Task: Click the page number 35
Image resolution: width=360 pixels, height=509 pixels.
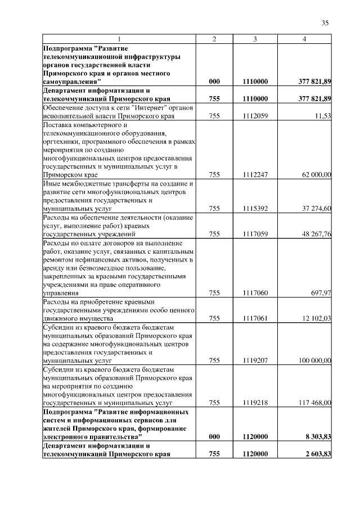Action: pyautogui.click(x=325, y=23)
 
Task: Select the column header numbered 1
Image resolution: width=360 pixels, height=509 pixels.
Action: pyautogui.click(x=119, y=39)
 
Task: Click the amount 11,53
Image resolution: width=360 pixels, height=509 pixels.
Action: pyautogui.click(x=323, y=116)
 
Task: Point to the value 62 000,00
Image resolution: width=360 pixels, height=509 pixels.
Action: pyautogui.click(x=316, y=175)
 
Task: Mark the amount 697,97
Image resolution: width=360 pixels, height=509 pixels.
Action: pyautogui.click(x=321, y=293)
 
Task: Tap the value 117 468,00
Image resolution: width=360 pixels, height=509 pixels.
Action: pyautogui.click(x=315, y=403)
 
